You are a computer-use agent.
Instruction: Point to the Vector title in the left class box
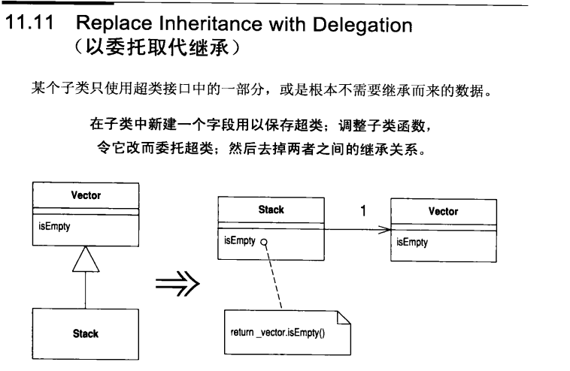[x=86, y=195]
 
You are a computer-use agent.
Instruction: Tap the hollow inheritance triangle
[x=86, y=261]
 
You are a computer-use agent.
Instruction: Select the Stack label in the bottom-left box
[x=86, y=333]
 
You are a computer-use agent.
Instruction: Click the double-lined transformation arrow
[x=177, y=285]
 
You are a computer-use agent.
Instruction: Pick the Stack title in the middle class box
[x=271, y=210]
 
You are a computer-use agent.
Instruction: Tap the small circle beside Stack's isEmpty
[x=264, y=243]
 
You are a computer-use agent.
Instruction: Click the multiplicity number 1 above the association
[x=363, y=211]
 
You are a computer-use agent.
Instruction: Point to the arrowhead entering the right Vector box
[x=384, y=228]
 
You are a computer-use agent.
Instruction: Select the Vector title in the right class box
[x=443, y=212]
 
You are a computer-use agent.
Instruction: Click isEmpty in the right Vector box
[x=412, y=243]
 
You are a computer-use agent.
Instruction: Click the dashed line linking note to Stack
[x=274, y=278]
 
